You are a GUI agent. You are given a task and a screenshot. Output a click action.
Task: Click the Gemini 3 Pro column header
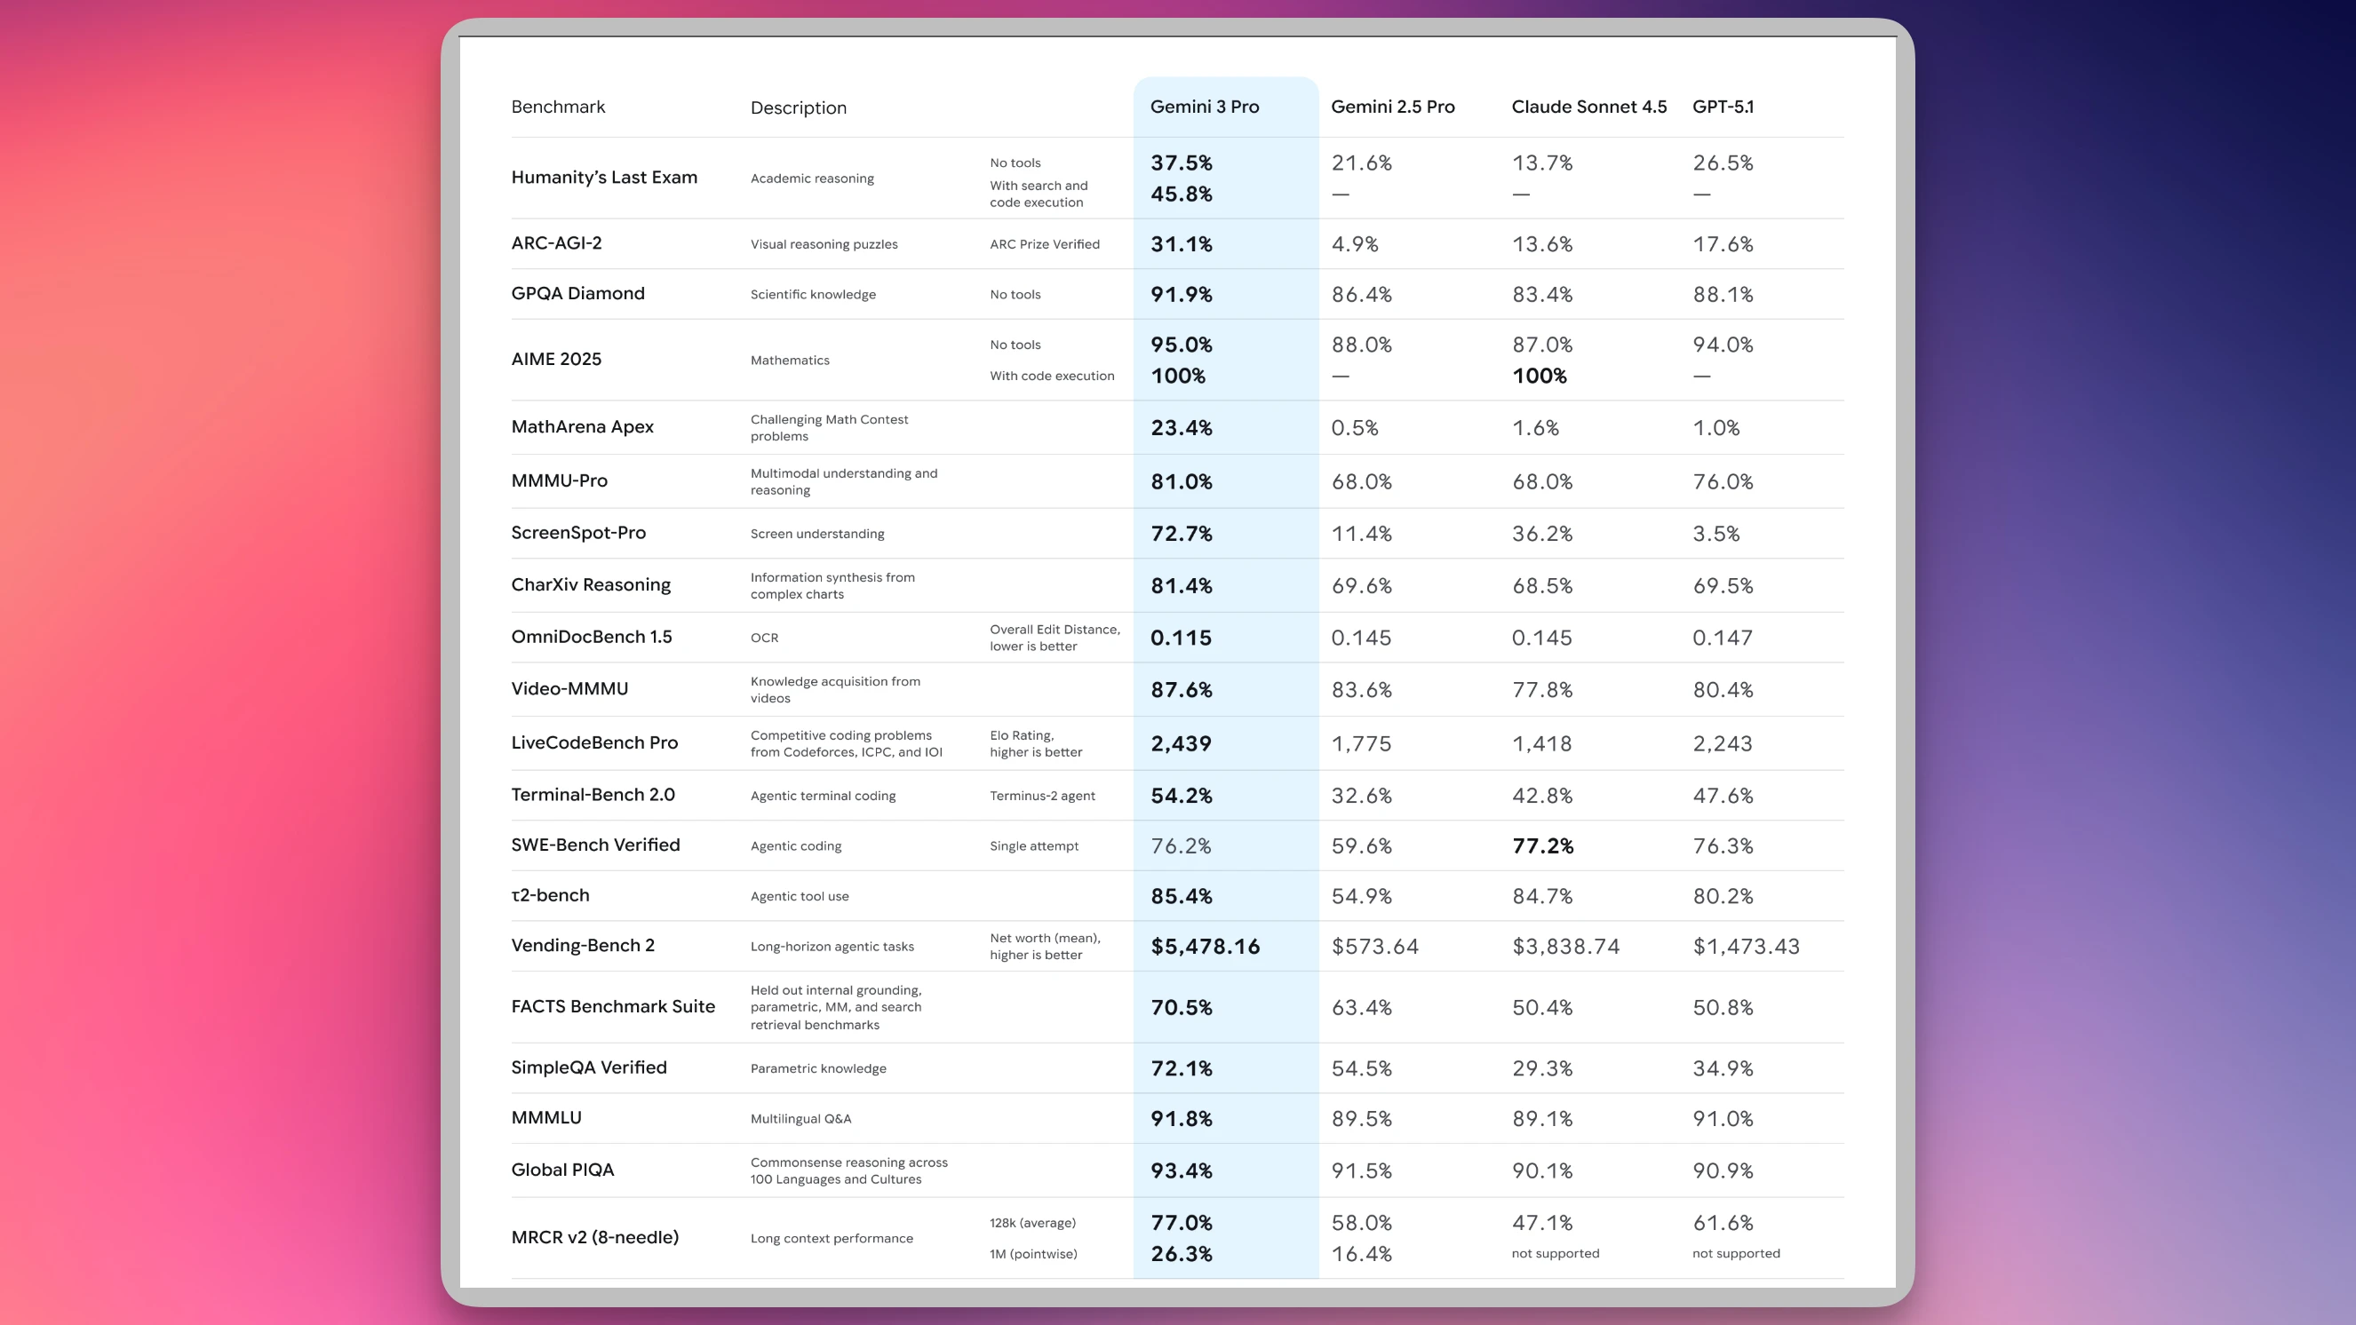click(x=1204, y=107)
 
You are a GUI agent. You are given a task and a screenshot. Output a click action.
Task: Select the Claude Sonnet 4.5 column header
click(x=1588, y=107)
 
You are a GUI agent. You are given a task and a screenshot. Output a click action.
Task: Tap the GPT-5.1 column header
click(x=1723, y=107)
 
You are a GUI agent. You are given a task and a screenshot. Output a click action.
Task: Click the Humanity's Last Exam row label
click(x=603, y=178)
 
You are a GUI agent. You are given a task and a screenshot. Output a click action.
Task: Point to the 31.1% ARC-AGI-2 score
click(x=1181, y=244)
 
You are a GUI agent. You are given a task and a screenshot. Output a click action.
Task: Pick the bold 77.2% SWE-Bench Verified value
click(x=1542, y=845)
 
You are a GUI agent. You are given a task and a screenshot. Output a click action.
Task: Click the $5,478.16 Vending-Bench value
click(x=1205, y=947)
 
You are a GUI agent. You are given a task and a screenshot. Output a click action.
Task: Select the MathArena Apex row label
click(x=582, y=427)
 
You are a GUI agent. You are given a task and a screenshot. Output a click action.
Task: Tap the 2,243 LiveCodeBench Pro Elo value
click(x=1723, y=743)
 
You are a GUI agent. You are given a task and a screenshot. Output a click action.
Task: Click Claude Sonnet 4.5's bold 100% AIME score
click(x=1539, y=376)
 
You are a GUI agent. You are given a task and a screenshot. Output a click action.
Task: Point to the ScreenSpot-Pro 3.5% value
click(x=1715, y=534)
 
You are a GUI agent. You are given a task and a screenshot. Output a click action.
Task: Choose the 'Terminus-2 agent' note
click(x=1042, y=796)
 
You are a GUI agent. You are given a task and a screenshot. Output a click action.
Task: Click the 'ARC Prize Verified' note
click(x=1045, y=244)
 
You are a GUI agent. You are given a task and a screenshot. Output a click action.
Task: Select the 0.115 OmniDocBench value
click(x=1180, y=638)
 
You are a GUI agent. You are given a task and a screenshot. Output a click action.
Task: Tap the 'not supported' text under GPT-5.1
click(x=1735, y=1254)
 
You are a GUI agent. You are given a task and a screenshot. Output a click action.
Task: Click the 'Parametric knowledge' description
click(x=817, y=1068)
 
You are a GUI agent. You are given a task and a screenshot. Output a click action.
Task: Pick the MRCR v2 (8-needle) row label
click(x=594, y=1237)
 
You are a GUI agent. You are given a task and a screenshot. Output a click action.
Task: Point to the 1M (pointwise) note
click(x=1032, y=1254)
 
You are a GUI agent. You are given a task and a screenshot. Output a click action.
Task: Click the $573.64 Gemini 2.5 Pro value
click(x=1374, y=947)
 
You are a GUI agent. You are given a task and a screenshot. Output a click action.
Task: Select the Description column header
click(x=798, y=108)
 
